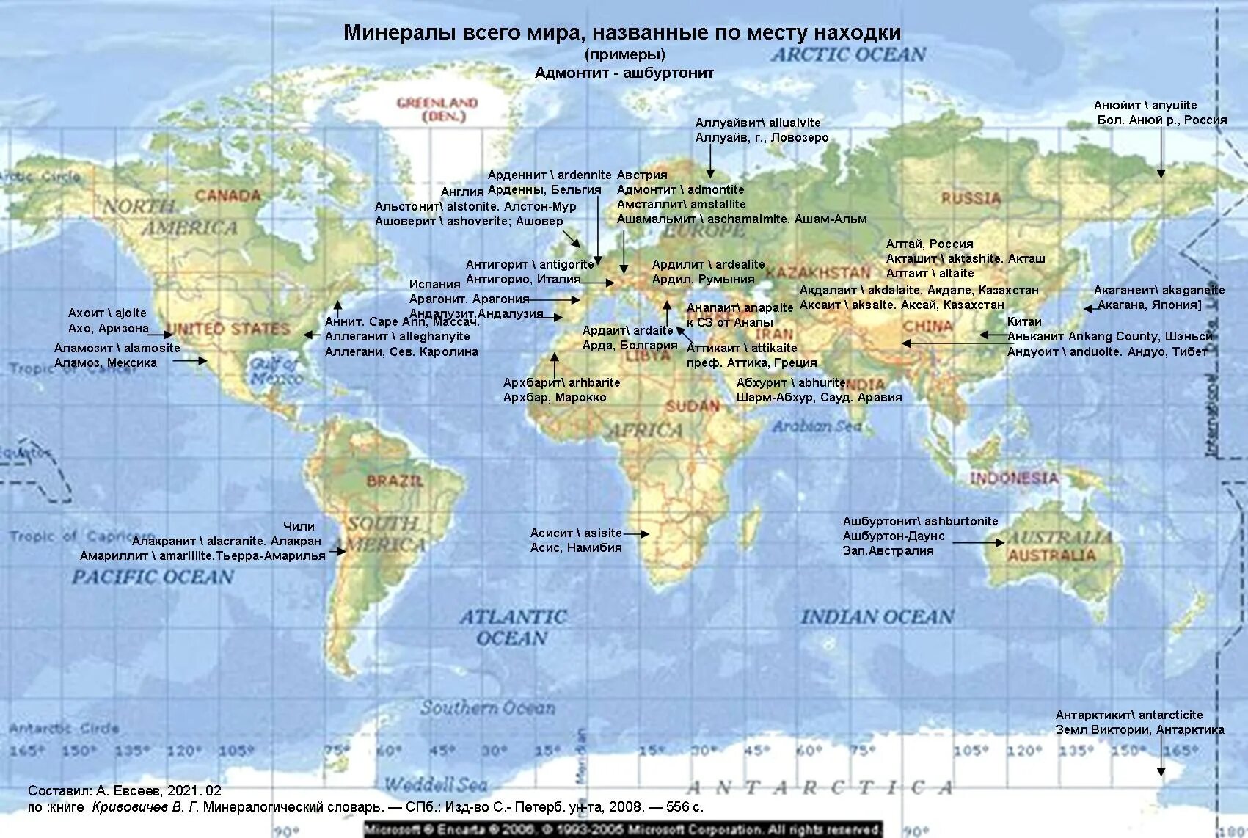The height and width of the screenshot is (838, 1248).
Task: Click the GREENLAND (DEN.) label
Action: pyautogui.click(x=437, y=109)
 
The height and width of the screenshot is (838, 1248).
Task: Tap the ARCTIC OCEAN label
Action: pyautogui.click(x=848, y=54)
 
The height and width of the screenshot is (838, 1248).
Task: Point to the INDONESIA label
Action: pyautogui.click(x=1014, y=478)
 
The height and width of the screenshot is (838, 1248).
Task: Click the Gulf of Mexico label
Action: pyautogui.click(x=275, y=371)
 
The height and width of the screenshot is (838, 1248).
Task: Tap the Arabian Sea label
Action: pyautogui.click(x=816, y=426)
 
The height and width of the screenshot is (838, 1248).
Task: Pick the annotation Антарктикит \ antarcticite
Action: pyautogui.click(x=1128, y=715)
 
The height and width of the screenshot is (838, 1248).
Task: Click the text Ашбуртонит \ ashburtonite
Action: pyautogui.click(x=920, y=521)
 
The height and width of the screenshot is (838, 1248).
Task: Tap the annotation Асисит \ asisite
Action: pyautogui.click(x=576, y=533)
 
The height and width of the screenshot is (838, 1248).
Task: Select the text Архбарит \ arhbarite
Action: pyautogui.click(x=561, y=382)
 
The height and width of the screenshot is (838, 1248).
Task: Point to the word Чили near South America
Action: pyautogui.click(x=299, y=526)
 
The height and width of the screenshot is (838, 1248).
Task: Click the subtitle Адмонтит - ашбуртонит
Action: pyautogui.click(x=624, y=73)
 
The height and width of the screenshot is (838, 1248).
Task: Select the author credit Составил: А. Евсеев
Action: pyautogui.click(x=124, y=790)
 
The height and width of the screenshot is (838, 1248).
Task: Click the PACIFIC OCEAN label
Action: pyautogui.click(x=153, y=578)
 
